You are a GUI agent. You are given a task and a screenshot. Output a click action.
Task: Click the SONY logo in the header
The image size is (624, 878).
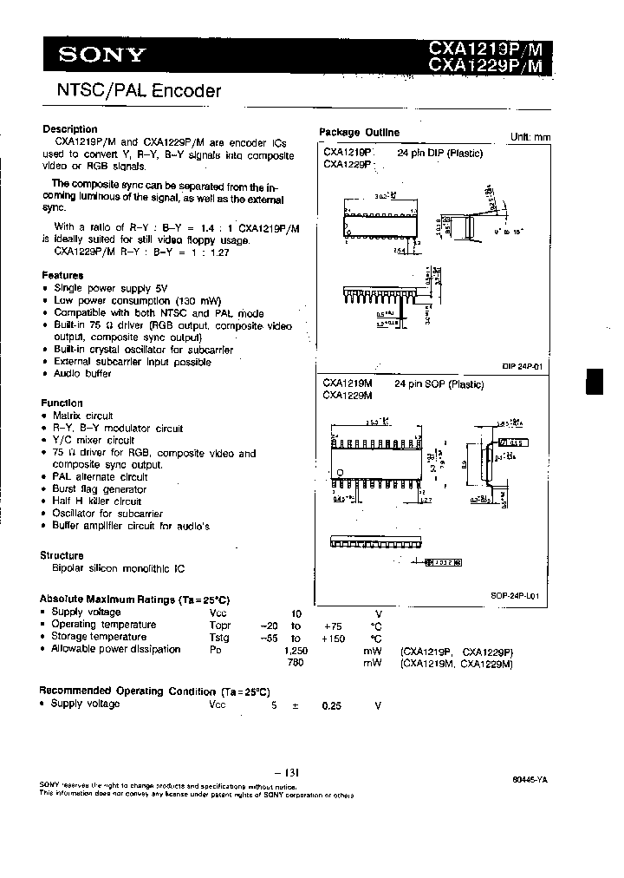101,56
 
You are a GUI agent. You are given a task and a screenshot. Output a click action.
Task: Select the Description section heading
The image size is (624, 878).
70,129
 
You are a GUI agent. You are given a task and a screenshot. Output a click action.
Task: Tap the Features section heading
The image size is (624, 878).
63,274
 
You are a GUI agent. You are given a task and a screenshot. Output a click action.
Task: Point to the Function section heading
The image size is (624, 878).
62,403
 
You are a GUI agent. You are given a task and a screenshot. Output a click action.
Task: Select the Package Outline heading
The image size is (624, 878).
359,133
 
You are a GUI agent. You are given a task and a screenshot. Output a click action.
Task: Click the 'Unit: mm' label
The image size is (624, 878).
530,137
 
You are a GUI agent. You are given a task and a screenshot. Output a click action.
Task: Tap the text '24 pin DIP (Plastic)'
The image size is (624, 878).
439,153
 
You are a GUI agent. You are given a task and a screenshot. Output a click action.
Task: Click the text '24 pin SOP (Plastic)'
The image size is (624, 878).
439,383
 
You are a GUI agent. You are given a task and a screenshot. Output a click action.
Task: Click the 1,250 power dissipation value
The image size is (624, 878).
297,649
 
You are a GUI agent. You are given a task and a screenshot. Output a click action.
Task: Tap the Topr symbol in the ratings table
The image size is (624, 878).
219,625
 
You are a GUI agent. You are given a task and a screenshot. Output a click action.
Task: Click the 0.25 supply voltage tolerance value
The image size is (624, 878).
331,705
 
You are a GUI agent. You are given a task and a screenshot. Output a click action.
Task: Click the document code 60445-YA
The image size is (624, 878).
529,780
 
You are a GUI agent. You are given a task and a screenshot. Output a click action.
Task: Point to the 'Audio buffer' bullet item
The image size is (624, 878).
82,373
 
